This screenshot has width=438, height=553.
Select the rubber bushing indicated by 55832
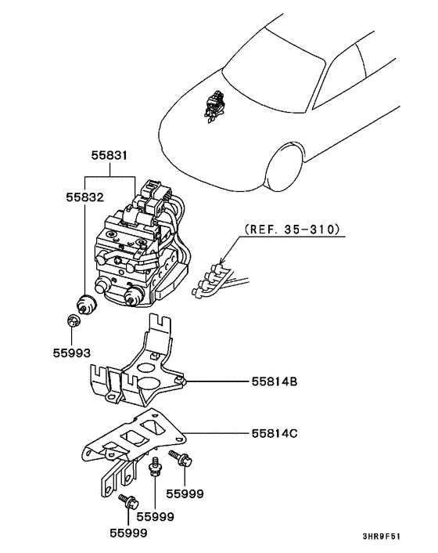(x=84, y=302)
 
